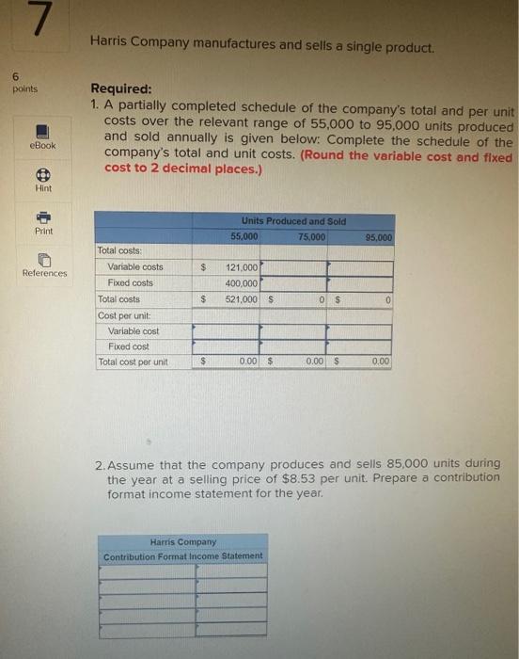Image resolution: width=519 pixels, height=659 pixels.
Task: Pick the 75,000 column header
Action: (x=311, y=237)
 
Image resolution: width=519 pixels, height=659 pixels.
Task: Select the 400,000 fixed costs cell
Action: (x=242, y=282)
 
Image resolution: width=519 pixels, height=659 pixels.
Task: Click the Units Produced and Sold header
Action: (x=293, y=221)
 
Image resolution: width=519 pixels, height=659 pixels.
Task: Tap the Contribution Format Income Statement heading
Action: (x=183, y=555)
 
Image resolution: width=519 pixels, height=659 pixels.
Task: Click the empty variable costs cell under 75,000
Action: (x=292, y=267)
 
